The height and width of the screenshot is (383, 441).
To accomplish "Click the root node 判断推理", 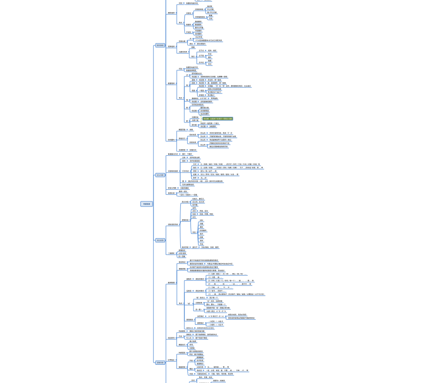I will (146, 204).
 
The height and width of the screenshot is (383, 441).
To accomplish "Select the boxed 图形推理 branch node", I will (160, 46).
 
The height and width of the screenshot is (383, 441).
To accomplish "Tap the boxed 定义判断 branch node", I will (160, 175).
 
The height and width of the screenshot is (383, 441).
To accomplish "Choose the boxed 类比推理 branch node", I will (160, 240).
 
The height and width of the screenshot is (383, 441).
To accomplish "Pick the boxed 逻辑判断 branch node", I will (160, 362).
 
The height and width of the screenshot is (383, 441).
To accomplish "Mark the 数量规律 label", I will (171, 83).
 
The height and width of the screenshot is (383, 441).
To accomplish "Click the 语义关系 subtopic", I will (185, 202).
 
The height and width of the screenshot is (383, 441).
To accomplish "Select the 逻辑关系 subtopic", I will (185, 220).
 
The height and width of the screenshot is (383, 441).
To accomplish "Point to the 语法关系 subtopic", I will (185, 247).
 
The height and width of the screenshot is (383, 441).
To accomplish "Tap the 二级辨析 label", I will (171, 253).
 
